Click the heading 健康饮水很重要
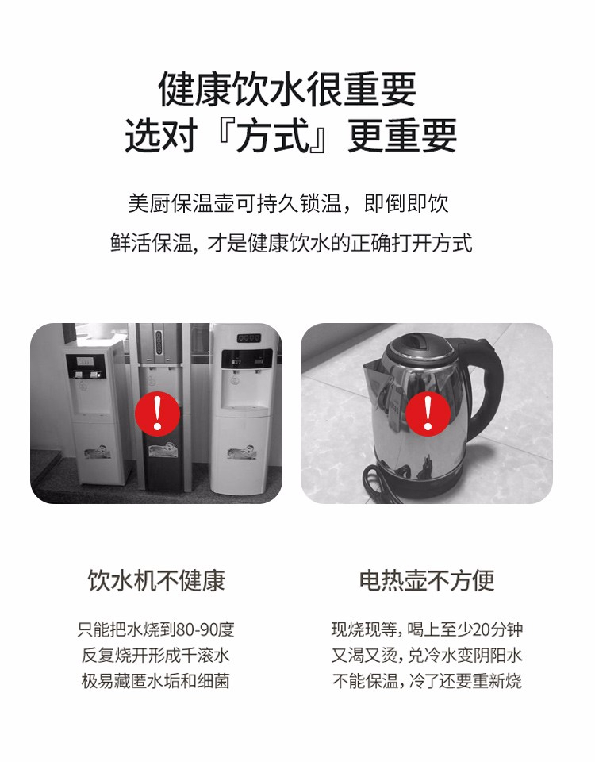287,89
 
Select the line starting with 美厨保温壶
289,203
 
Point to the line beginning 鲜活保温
291,243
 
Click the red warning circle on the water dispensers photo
157,414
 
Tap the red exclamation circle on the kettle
428,414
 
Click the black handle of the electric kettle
486,384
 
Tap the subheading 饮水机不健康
156,580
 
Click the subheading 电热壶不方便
427,580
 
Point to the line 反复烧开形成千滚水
155,656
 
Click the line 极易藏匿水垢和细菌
155,681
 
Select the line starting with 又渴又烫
427,656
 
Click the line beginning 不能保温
427,681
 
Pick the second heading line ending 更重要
290,136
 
